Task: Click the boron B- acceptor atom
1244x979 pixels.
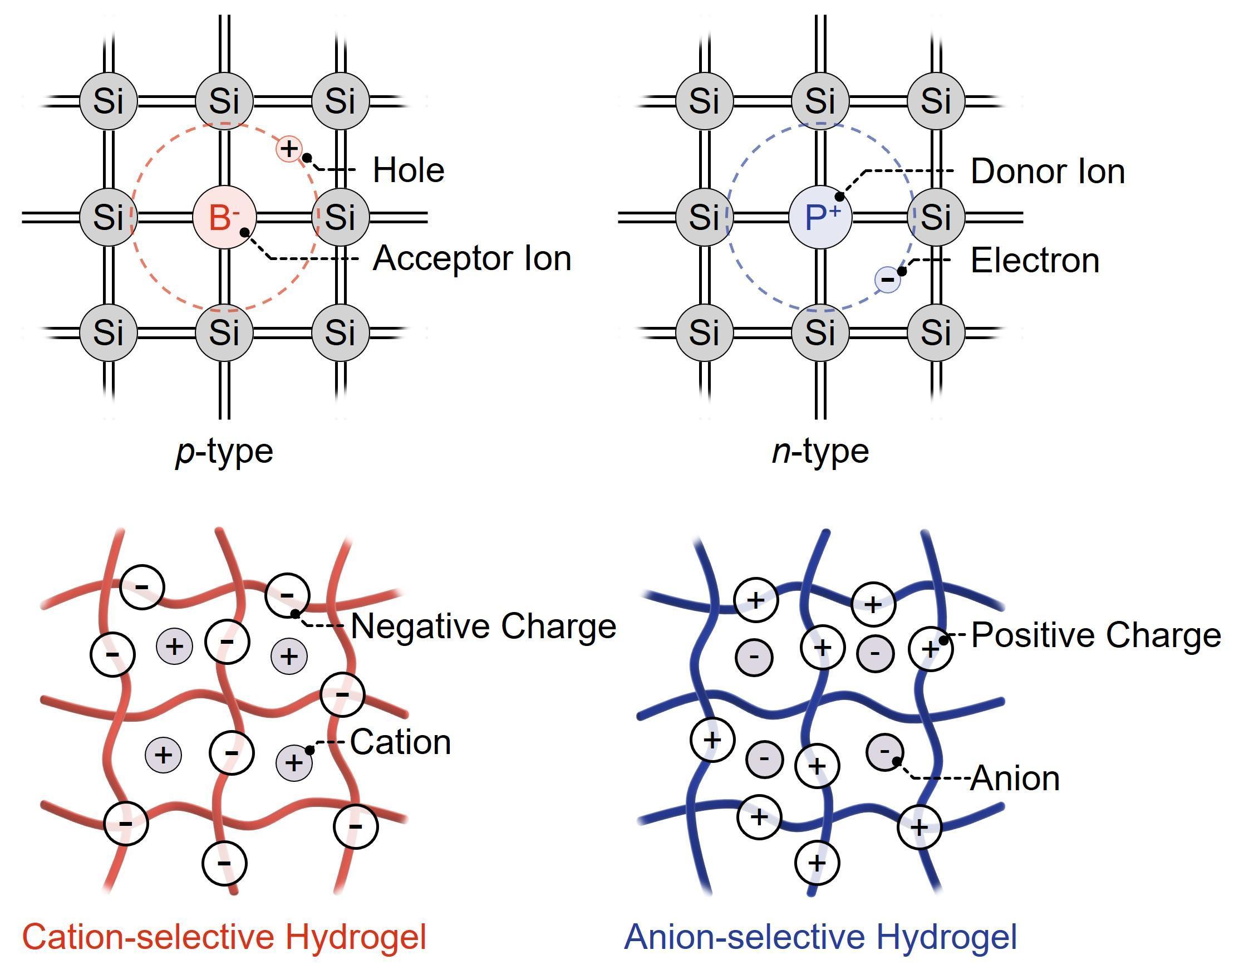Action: [x=224, y=217]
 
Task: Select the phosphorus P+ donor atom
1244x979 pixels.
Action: [x=820, y=217]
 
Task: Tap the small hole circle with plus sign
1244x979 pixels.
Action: [x=289, y=149]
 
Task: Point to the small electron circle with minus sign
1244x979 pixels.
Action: [x=887, y=280]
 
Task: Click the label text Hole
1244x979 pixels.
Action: [x=409, y=170]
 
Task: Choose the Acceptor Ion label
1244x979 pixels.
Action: [x=472, y=258]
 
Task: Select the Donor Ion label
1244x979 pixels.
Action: [x=1048, y=171]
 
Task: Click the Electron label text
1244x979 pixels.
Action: [x=1035, y=261]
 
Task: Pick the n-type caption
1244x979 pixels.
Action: [x=820, y=452]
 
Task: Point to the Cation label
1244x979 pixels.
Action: [x=400, y=742]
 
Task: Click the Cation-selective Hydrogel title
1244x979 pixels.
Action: [x=224, y=937]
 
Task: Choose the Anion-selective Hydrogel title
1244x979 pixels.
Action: [x=820, y=937]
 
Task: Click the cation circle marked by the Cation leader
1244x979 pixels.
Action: [x=294, y=762]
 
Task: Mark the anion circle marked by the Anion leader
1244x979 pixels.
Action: [x=885, y=751]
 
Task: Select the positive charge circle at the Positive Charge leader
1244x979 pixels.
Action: [x=931, y=649]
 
